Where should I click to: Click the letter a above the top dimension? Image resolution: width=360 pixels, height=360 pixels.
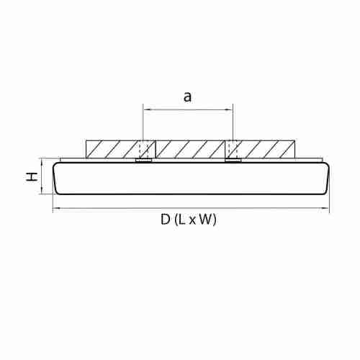tap(187, 98)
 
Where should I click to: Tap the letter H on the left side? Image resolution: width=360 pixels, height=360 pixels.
tap(32, 176)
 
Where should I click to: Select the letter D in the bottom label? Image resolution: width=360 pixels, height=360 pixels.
tap(165, 221)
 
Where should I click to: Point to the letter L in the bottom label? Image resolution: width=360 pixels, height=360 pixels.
tap(184, 221)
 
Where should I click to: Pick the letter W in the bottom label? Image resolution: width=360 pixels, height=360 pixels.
tap(207, 221)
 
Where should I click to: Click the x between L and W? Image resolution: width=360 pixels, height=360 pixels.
tap(194, 222)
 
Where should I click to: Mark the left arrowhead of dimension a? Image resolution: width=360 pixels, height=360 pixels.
tap(146, 109)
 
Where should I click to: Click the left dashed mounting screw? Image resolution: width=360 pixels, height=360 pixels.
tap(144, 149)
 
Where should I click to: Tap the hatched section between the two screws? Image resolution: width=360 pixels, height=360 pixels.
tap(188, 149)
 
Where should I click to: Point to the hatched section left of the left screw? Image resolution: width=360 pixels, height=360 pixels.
tap(112, 149)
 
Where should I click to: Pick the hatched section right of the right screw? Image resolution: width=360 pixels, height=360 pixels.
tap(265, 149)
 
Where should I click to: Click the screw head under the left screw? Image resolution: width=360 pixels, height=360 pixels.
tap(144, 161)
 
